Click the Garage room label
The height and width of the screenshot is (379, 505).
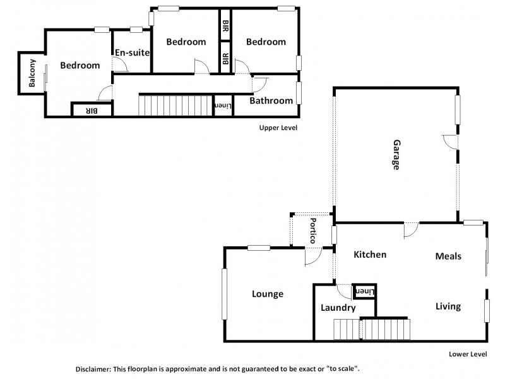coord(396,155)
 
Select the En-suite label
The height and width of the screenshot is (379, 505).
coord(132,52)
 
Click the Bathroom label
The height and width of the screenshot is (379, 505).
coord(271,100)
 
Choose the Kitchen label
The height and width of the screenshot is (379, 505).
coord(369,255)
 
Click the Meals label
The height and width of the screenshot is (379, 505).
coord(448,256)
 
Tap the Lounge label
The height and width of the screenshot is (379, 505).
coord(268,294)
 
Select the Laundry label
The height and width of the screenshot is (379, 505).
coord(338,308)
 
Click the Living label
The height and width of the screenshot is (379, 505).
coord(448,306)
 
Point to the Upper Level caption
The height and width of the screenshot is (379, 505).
coord(278,128)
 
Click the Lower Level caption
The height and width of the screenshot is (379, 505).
coord(467,354)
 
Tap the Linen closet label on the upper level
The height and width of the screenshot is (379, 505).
coord(223,105)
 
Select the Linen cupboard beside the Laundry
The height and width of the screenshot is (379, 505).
coord(365,291)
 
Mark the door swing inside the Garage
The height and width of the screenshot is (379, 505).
coord(449,141)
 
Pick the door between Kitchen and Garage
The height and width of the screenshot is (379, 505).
coord(410,229)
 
